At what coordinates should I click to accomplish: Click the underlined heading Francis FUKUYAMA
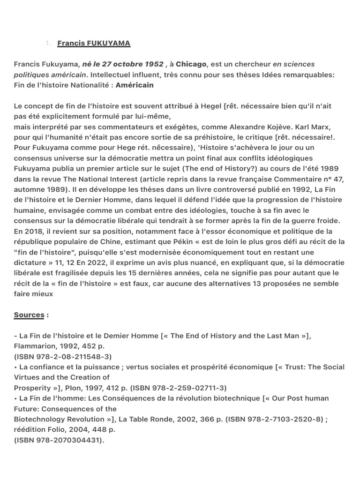[94, 44]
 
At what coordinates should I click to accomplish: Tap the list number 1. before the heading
[48, 44]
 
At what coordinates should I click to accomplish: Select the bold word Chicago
[191, 64]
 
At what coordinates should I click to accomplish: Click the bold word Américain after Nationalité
[135, 85]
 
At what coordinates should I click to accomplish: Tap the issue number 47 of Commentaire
[339, 179]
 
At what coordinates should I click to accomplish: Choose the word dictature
[30, 262]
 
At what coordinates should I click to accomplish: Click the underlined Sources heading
[29, 315]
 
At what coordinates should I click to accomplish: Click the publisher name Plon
[89, 388]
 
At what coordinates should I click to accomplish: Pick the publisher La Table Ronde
[145, 419]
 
